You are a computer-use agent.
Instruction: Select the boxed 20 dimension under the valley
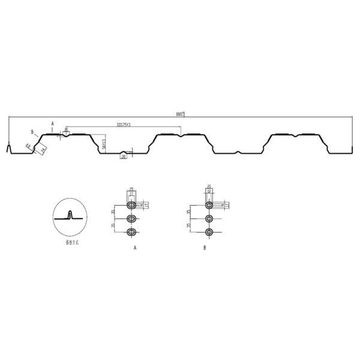point(123,157)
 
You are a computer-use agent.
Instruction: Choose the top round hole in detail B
point(209,205)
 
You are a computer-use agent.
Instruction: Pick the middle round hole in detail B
point(209,218)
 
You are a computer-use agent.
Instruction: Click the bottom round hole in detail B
point(209,232)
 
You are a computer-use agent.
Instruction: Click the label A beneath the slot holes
point(135,247)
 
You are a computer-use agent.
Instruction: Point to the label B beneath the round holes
point(205,247)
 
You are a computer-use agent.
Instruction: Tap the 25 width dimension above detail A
point(131,190)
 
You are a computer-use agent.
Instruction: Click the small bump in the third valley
point(238,152)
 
